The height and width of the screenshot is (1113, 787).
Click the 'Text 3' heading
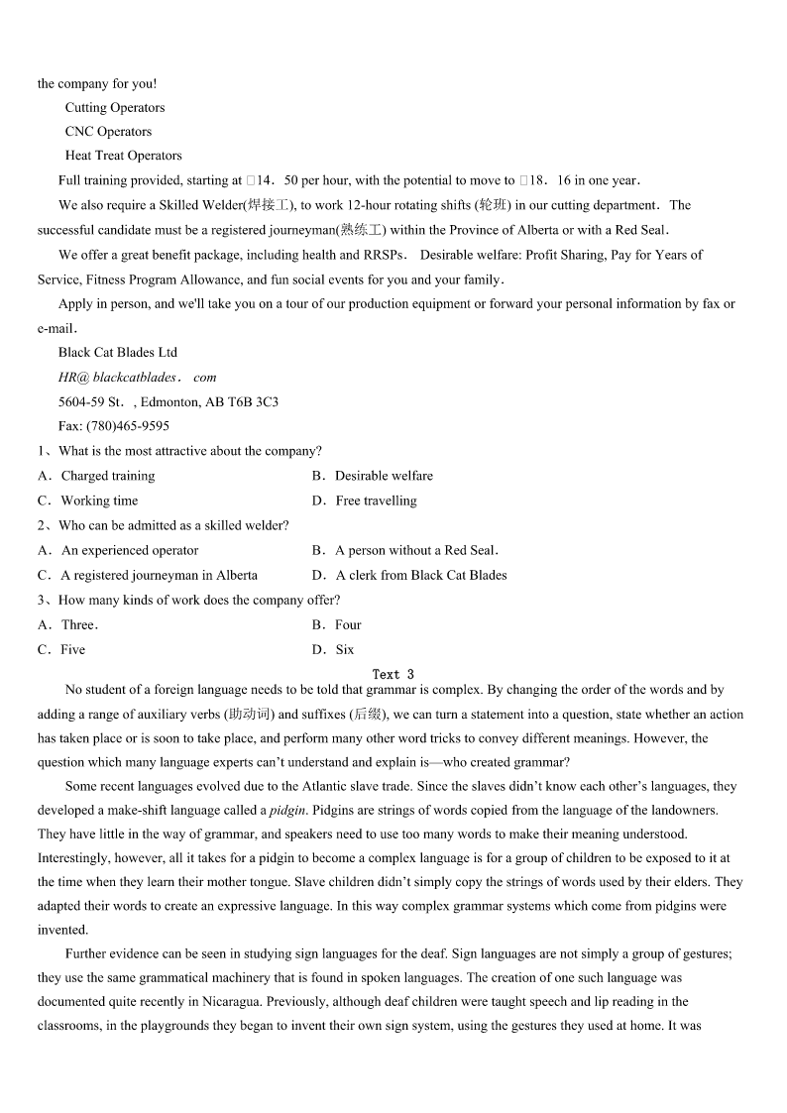tap(393, 674)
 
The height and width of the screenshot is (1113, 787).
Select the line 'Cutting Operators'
tap(115, 108)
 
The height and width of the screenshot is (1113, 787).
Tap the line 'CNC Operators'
tap(108, 132)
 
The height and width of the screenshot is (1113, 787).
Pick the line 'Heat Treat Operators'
tap(124, 156)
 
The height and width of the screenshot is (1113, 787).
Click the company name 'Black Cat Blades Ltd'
tap(118, 353)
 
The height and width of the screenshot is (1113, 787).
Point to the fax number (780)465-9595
tap(128, 426)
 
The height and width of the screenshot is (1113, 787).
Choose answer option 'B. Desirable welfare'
tap(372, 476)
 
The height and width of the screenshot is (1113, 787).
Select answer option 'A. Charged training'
tap(96, 476)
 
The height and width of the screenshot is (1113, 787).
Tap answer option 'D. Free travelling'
tap(364, 501)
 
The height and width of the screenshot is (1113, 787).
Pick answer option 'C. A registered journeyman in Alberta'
tap(148, 575)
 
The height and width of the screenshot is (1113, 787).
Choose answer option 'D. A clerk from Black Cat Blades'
tap(408, 575)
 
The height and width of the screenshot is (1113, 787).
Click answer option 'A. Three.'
tap(68, 624)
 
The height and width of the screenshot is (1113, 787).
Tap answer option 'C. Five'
tap(61, 649)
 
